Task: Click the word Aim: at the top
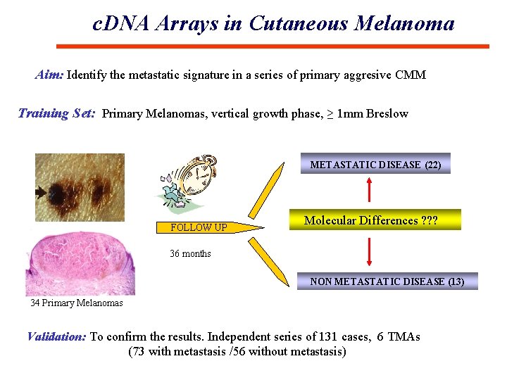click(49, 75)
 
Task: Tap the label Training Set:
click(56, 113)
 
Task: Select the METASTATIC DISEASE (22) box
click(375, 165)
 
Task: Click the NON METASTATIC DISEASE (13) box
click(387, 281)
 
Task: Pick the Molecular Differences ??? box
click(370, 220)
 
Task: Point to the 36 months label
click(190, 253)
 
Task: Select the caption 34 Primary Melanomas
click(76, 303)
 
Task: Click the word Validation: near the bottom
click(56, 336)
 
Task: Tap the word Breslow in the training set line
click(387, 113)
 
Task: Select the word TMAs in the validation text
click(403, 336)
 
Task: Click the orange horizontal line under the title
click(272, 46)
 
